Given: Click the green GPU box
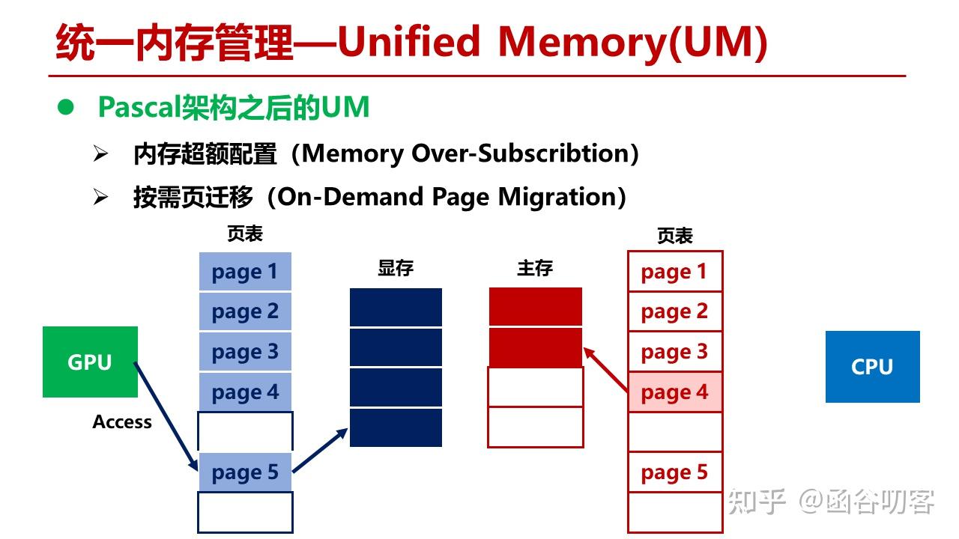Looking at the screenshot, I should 90,362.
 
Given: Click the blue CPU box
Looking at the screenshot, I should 872,367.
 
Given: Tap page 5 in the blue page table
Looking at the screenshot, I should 245,472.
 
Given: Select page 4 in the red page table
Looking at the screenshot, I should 674,392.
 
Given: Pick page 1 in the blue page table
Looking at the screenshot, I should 245,272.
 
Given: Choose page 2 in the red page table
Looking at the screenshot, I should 674,311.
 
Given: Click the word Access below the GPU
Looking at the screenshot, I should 122,422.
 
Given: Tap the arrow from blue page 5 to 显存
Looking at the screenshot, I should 321,450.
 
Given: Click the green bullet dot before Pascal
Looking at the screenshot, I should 67,108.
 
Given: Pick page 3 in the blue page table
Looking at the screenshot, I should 245,351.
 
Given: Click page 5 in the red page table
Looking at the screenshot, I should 674,472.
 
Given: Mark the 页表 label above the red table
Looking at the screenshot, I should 674,237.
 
